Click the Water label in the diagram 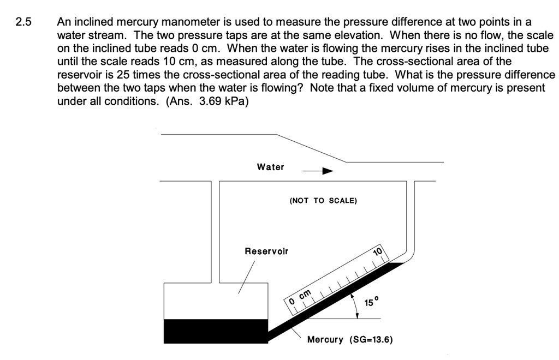tap(270, 167)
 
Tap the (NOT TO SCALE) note tap(323, 200)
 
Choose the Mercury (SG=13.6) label tap(349, 340)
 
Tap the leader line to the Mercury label tap(298, 333)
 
